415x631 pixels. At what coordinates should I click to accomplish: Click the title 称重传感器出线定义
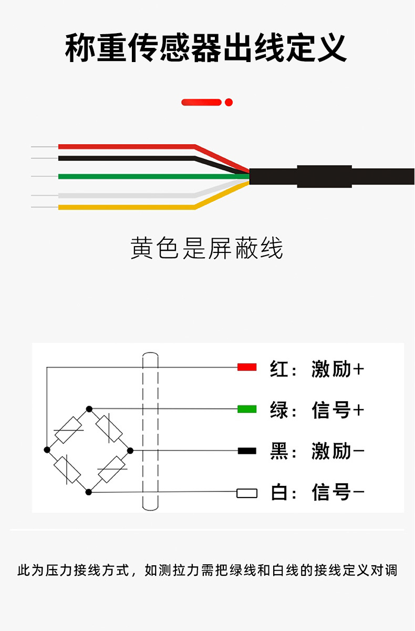click(x=206, y=48)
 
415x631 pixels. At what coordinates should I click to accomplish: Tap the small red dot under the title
click(x=229, y=102)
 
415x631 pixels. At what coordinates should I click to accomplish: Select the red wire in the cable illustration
click(x=126, y=146)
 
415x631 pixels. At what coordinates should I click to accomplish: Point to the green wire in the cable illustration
click(x=126, y=176)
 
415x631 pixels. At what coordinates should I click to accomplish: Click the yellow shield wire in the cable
click(x=126, y=207)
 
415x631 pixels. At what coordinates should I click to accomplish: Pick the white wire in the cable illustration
click(x=126, y=196)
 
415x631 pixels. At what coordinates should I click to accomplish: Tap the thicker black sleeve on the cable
click(x=324, y=176)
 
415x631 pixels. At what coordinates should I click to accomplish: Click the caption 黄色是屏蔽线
click(x=206, y=248)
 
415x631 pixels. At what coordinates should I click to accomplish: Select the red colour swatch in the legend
click(x=246, y=367)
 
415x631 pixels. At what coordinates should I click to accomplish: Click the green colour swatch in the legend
click(x=246, y=409)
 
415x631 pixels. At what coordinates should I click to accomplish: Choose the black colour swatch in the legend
click(x=246, y=451)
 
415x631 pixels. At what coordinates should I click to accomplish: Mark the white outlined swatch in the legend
click(x=246, y=493)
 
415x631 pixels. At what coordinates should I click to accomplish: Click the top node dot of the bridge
click(x=89, y=409)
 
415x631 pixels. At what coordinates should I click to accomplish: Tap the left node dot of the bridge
click(x=47, y=450)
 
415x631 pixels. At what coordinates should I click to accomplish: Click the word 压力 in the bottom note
click(x=55, y=571)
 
